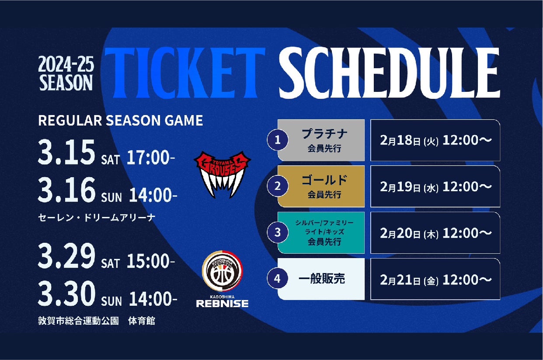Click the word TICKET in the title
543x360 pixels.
click(185, 73)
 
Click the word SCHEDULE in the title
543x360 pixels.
click(389, 73)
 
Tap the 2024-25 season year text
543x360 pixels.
click(66, 64)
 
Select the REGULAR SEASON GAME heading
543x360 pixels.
click(121, 120)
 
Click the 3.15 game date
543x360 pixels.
click(66, 152)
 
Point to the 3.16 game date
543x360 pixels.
click(66, 190)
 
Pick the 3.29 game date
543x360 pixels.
click(66, 256)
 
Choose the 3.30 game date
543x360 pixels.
click(66, 294)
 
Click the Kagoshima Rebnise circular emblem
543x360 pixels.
click(222, 271)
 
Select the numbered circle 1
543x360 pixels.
click(278, 140)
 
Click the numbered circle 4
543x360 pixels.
click(278, 279)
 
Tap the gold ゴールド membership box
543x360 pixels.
click(321, 186)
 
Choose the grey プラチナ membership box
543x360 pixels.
click(321, 140)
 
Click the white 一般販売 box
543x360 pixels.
click(321, 279)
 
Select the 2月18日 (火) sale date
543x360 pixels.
click(409, 141)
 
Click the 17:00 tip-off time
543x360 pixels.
click(151, 157)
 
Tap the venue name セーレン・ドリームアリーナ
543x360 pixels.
click(97, 217)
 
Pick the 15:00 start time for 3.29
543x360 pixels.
click(151, 261)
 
